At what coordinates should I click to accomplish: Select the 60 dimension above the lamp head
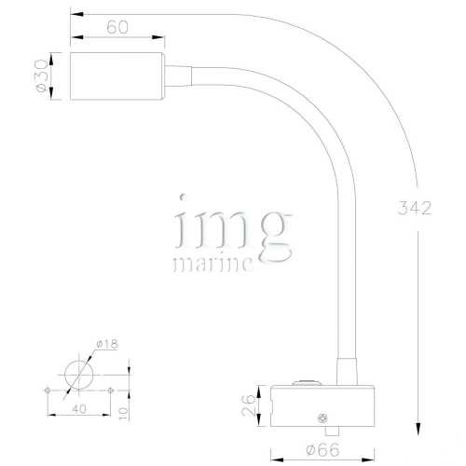[116, 27]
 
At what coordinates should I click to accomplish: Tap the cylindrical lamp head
[118, 77]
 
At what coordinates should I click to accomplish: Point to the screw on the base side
[322, 418]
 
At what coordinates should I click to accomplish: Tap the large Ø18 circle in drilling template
[77, 376]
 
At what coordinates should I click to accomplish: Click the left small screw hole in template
[47, 389]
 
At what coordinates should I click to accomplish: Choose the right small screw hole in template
[110, 389]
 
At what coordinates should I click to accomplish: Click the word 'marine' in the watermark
[212, 264]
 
